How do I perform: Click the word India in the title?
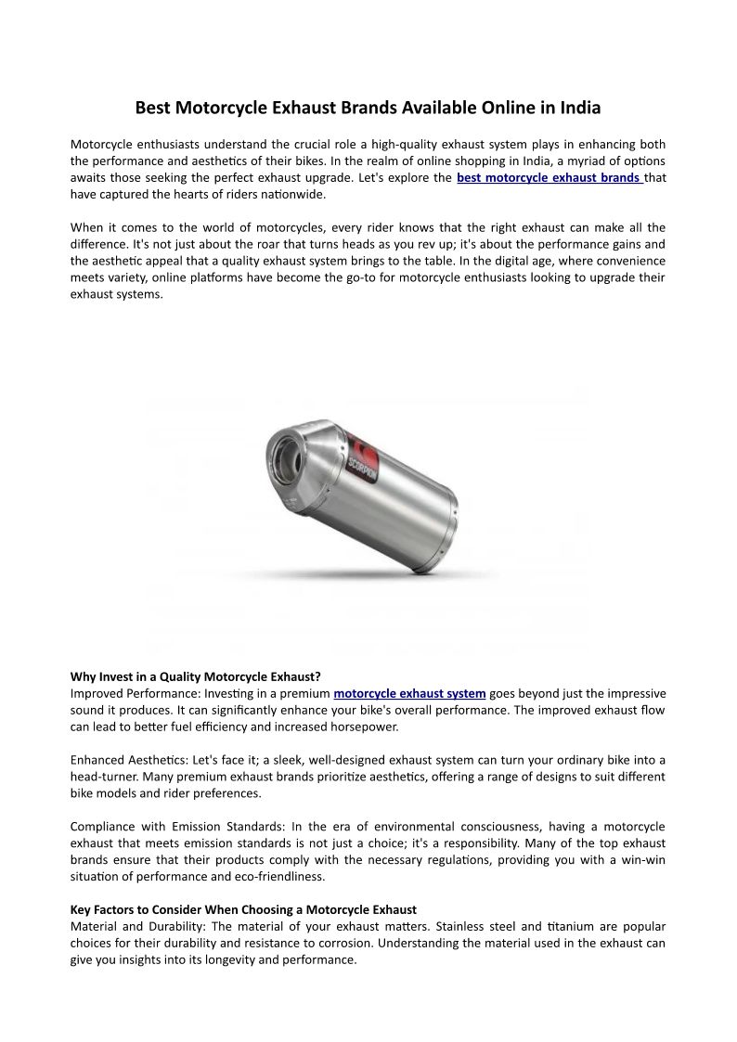[580, 108]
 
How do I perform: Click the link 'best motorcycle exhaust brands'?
[549, 177]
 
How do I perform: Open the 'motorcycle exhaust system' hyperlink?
[409, 693]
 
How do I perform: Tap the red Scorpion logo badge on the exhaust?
[367, 457]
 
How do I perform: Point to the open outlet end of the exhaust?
[284, 457]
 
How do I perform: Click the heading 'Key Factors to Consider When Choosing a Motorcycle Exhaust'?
[243, 909]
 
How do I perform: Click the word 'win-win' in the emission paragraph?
[642, 859]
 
